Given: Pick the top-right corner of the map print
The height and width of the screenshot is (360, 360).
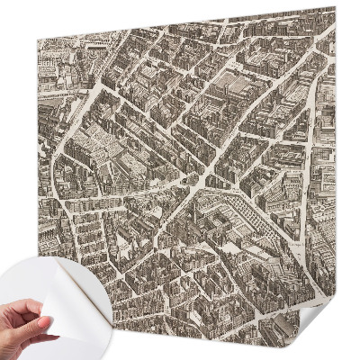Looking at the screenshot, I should click(334, 9).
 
